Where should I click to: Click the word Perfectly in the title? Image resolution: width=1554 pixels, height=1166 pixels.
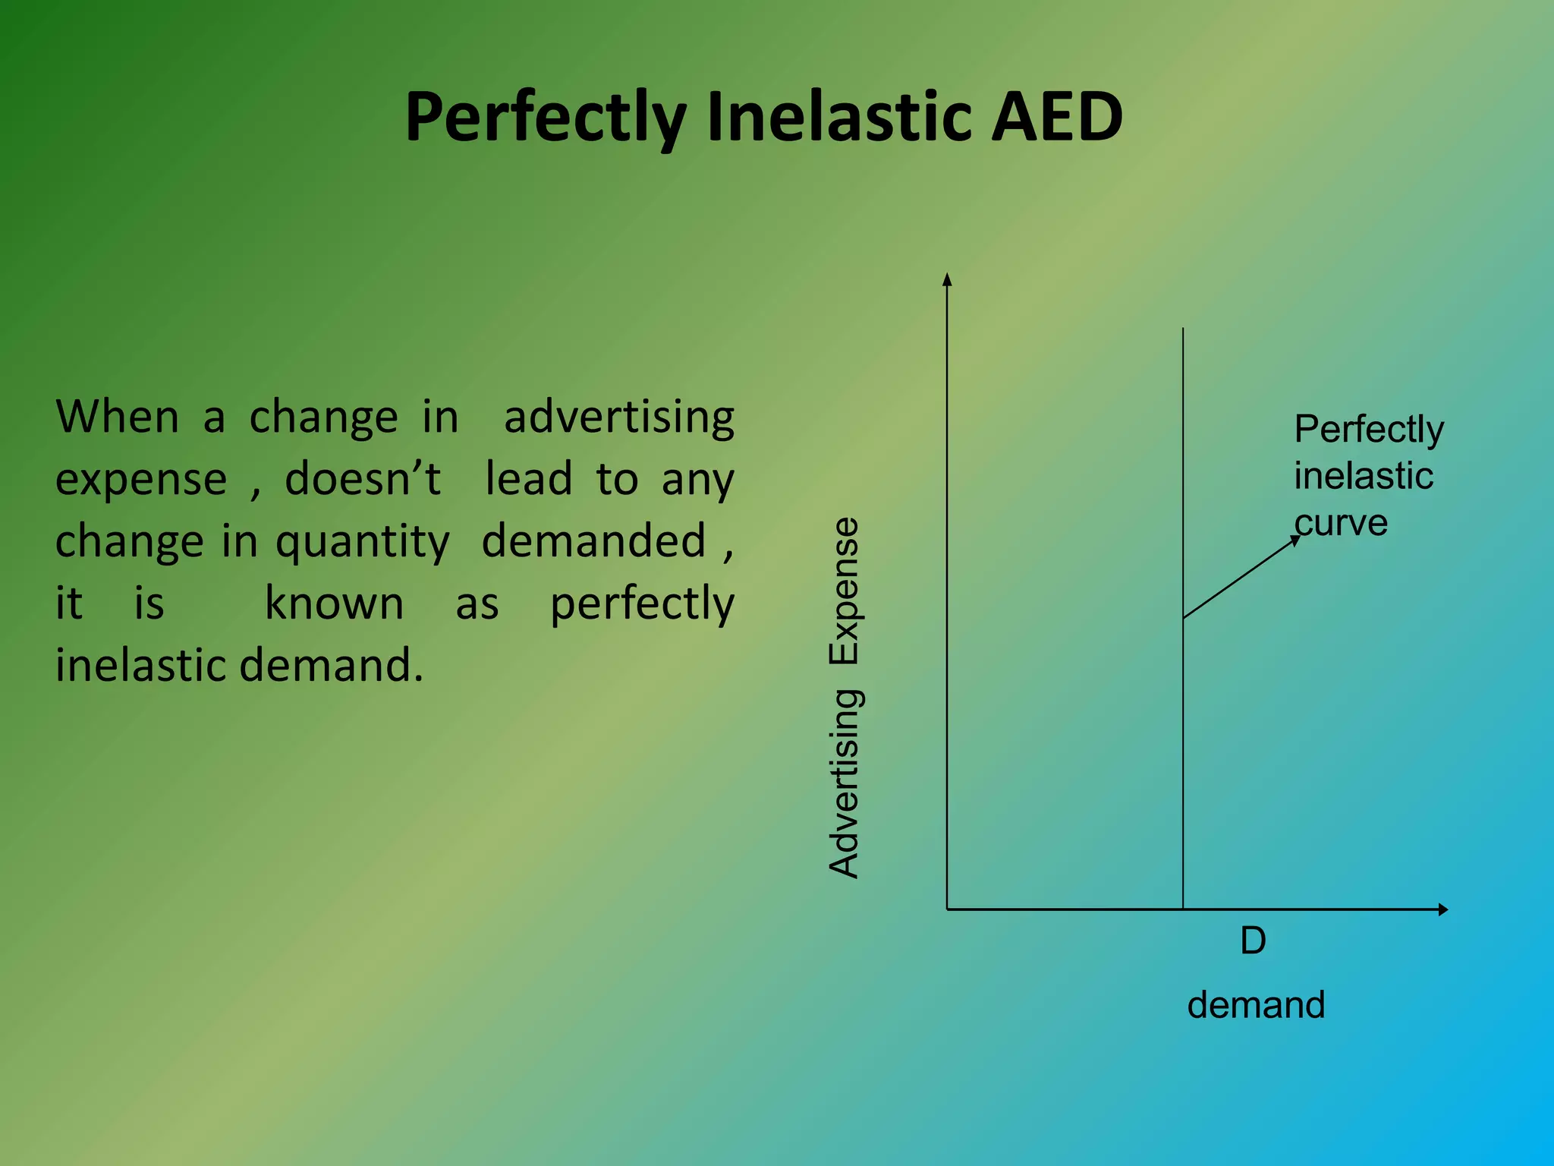pos(545,118)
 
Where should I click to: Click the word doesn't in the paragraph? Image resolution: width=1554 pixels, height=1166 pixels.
pos(363,479)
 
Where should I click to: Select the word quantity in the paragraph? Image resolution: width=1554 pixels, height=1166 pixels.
pos(363,543)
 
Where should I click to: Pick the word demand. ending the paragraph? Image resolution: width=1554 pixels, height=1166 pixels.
pos(331,665)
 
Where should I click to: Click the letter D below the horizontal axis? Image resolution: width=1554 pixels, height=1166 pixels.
pos(1253,941)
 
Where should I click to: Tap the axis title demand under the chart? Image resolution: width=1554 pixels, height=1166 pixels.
pos(1256,1005)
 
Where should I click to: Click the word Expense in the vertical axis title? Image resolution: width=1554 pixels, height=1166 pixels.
pos(845,591)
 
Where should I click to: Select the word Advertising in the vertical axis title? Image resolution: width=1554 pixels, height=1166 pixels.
pos(845,783)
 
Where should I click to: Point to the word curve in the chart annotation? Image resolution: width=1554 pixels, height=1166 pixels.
pos(1341,524)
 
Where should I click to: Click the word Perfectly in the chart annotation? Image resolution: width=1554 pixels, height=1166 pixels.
pos(1369,430)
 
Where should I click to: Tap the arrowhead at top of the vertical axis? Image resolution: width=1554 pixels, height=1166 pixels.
pos(947,279)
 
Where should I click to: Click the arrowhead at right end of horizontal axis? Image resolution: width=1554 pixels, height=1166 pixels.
pos(1443,909)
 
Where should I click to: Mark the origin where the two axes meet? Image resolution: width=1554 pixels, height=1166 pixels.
pos(947,909)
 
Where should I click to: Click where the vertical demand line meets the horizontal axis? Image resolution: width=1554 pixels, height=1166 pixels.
pos(1183,909)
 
